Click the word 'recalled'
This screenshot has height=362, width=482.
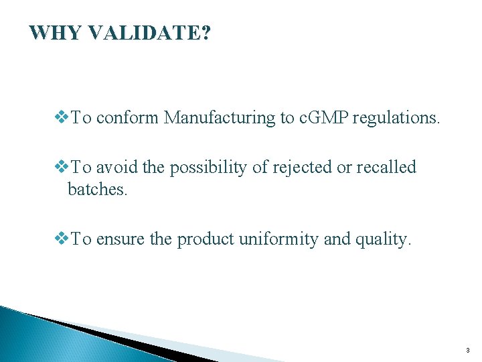[x=386, y=167]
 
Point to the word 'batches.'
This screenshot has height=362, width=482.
[x=97, y=190]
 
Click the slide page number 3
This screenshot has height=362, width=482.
[x=468, y=350]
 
